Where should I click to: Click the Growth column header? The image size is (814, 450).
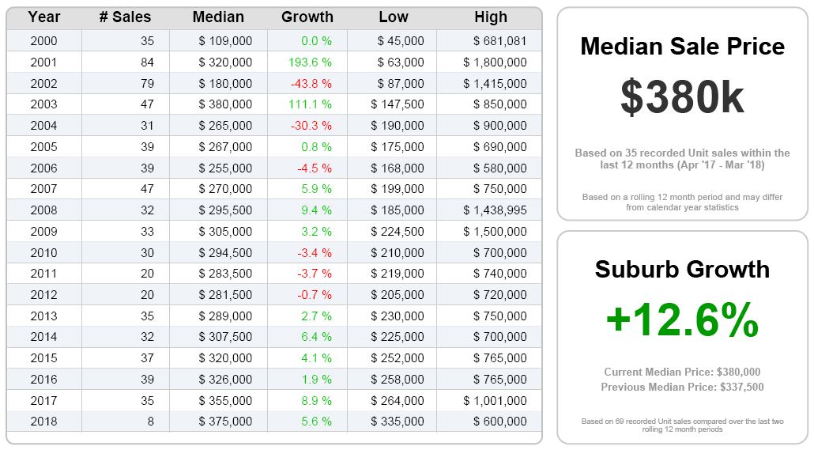[307, 17]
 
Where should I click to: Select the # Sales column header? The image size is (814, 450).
[125, 17]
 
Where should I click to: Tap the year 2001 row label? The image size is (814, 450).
[43, 62]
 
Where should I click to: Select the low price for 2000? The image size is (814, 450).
[401, 41]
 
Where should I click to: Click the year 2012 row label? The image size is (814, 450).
[43, 295]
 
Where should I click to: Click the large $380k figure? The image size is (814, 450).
[682, 97]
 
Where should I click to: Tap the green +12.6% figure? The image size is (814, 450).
[682, 321]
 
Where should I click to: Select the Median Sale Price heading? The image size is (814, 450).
[682, 46]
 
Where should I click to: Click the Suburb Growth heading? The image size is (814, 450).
[682, 269]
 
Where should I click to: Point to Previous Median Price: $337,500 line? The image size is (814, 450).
[682, 388]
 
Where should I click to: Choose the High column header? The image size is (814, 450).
[491, 17]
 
